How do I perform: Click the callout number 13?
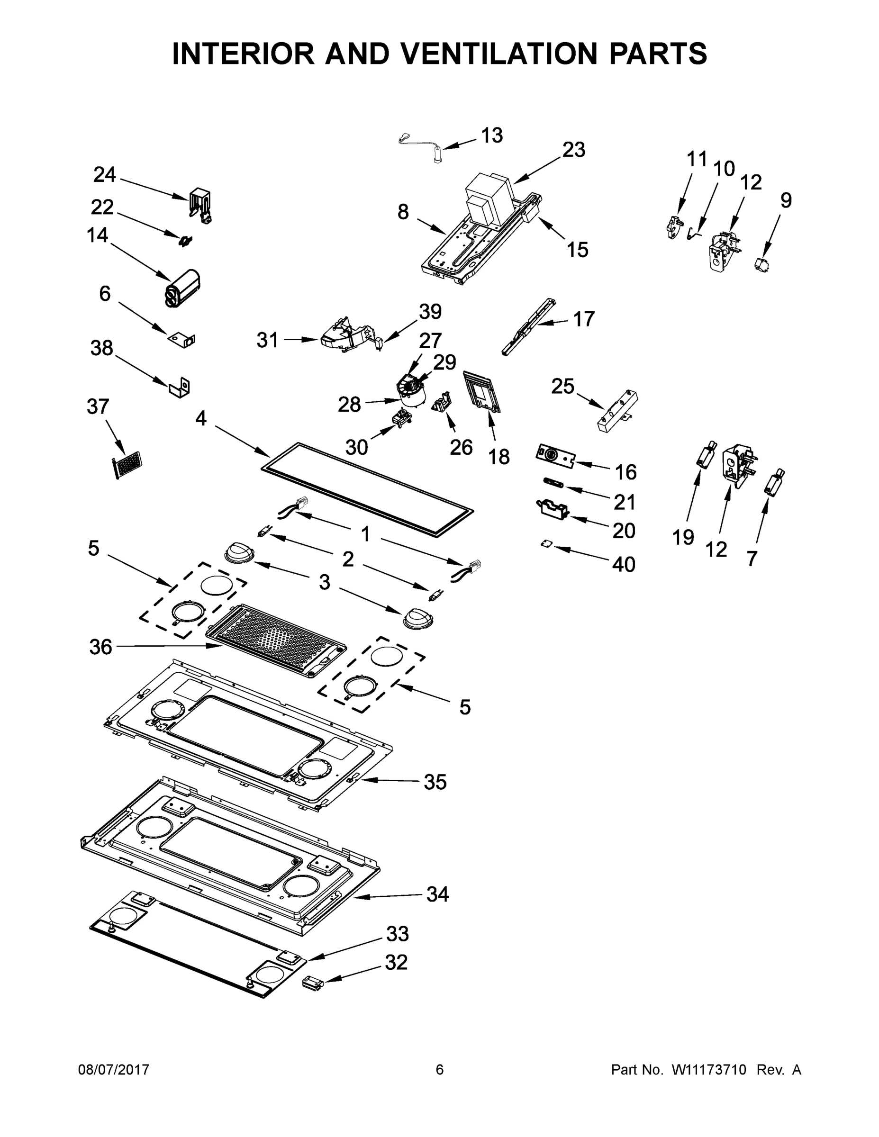(491, 135)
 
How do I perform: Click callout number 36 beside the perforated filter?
(100, 647)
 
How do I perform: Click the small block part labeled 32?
(312, 983)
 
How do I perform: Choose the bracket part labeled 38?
(180, 388)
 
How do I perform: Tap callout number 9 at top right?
(785, 200)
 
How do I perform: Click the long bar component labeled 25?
(617, 411)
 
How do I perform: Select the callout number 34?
(437, 894)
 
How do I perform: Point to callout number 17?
(583, 319)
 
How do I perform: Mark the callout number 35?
(435, 782)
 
